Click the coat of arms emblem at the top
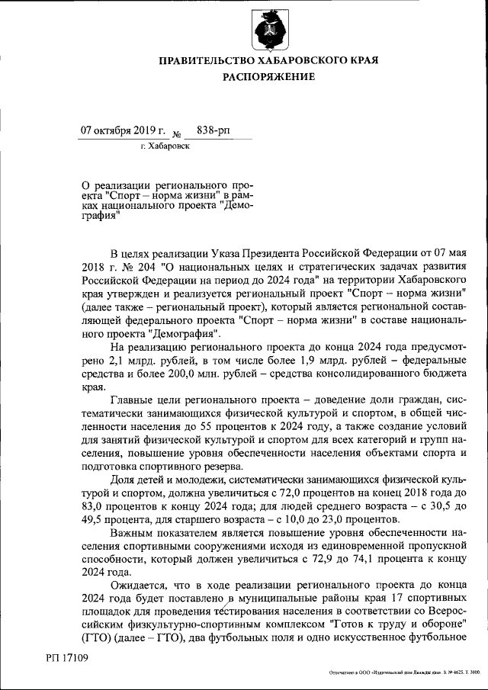(268, 28)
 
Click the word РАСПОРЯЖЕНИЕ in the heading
(268, 77)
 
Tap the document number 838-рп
(213, 130)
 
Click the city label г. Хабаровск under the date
(165, 146)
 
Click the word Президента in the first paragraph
(277, 252)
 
